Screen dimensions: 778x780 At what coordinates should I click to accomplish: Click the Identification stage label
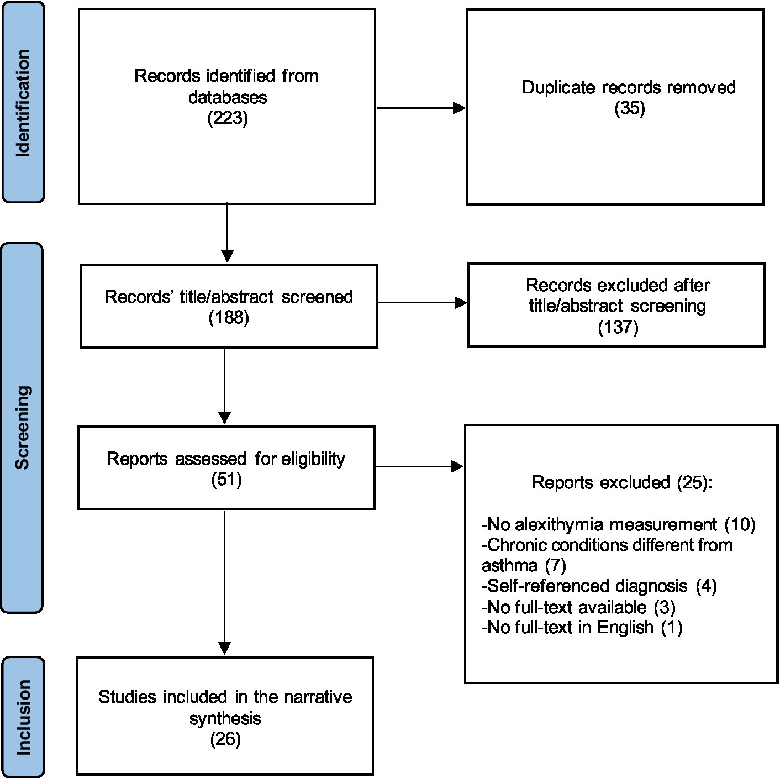[x=23, y=103]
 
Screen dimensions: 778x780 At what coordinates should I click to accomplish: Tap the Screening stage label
[x=22, y=428]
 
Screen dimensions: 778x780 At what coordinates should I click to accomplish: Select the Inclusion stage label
[x=23, y=717]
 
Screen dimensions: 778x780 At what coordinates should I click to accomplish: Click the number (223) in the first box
[x=227, y=118]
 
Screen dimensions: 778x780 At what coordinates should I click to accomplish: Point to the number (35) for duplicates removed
[x=629, y=108]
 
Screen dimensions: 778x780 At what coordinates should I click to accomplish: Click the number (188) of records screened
[x=229, y=318]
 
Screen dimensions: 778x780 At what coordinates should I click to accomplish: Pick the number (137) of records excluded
[x=618, y=327]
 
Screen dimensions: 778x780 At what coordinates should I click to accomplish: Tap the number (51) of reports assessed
[x=226, y=479]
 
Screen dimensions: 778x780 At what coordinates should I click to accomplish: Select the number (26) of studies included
[x=225, y=739]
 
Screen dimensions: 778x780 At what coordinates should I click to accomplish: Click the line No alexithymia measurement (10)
[x=618, y=524]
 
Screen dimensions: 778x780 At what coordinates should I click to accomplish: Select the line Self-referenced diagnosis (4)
[x=599, y=586]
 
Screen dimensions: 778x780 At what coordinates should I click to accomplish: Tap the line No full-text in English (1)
[x=582, y=627]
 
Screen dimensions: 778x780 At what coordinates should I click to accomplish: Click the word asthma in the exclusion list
[x=509, y=565]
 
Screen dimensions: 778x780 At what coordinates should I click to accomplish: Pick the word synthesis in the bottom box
[x=225, y=718]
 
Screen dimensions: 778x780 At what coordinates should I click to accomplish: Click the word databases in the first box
[x=228, y=97]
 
